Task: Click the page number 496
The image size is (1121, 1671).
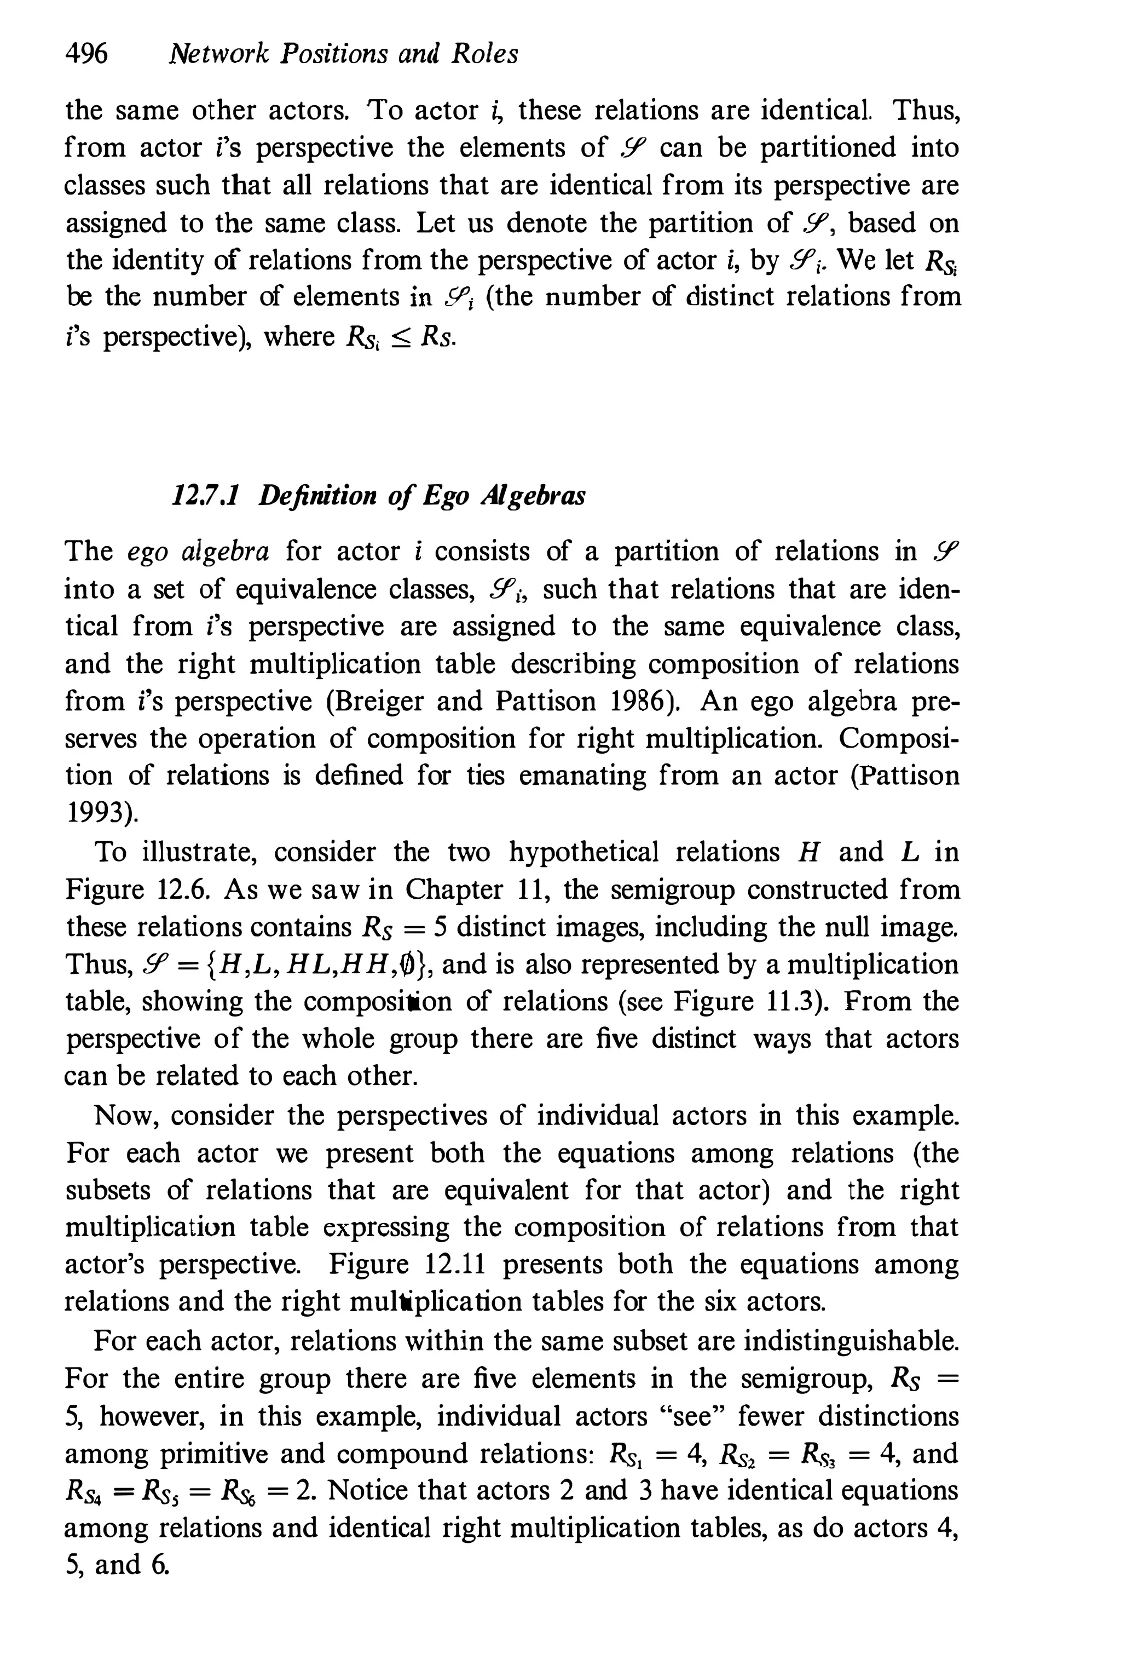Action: [x=86, y=54]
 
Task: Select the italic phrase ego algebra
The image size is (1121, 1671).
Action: [x=198, y=552]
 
